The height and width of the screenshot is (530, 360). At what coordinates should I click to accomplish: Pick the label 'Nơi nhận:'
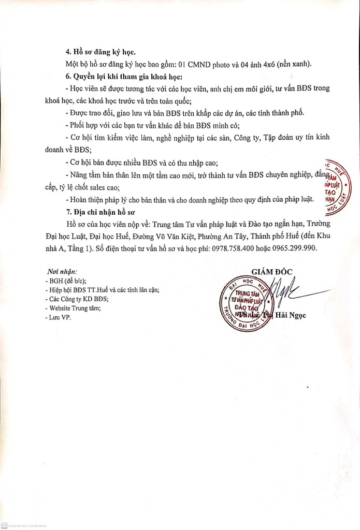click(62, 271)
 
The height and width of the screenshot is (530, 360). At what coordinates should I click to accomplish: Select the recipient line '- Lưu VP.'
click(57, 317)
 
